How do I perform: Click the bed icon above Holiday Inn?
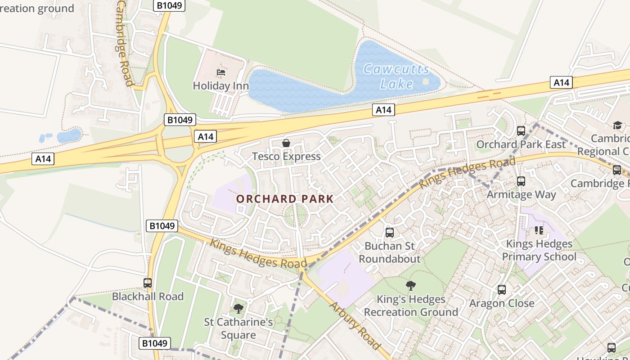[220, 72]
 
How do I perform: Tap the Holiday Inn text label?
[220, 85]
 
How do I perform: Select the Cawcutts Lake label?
[396, 76]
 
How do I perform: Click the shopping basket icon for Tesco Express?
[286, 143]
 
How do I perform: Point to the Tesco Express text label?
[286, 157]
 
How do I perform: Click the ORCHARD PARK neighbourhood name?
[285, 199]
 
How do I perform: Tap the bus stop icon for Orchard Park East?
[521, 131]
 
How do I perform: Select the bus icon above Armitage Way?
[521, 181]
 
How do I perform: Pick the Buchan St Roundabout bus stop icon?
[390, 233]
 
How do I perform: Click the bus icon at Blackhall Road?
[148, 283]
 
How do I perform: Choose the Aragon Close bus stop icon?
[502, 290]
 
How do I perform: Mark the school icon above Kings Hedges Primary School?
[539, 230]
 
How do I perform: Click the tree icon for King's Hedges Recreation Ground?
[410, 285]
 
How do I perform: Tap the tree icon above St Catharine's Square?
[238, 309]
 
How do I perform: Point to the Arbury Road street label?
[355, 325]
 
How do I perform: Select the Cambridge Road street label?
[125, 43]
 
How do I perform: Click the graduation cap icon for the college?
[617, 125]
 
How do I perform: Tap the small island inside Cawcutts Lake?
[425, 81]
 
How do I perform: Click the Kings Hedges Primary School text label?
[539, 250]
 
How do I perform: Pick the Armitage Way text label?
[521, 195]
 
